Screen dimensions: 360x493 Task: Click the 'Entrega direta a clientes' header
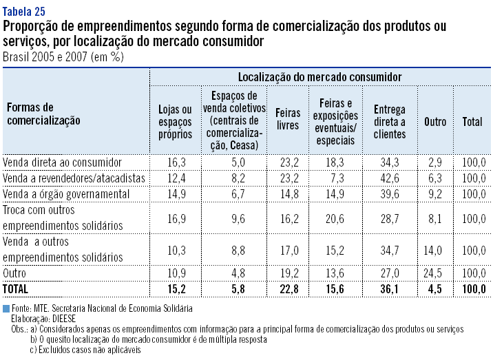point(390,121)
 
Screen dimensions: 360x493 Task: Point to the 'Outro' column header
point(435,122)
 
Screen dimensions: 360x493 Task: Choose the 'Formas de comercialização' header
point(43,114)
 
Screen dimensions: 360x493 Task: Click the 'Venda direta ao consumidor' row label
point(63,162)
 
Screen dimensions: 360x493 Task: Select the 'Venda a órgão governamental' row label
point(66,193)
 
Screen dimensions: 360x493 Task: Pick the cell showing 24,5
point(435,273)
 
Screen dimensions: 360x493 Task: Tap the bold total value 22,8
point(287,288)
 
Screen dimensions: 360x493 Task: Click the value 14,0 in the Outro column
point(435,249)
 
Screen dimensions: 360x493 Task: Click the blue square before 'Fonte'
point(6,309)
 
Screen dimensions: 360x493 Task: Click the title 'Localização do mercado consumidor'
point(319,76)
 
